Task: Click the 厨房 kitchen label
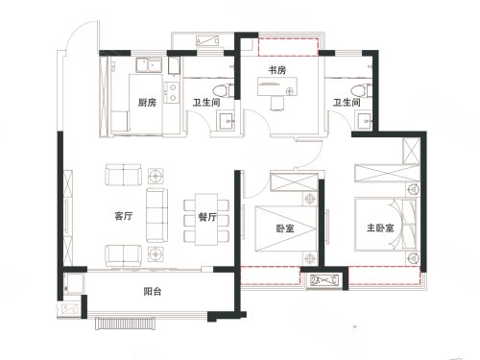coord(147,103)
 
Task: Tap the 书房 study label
coord(277,70)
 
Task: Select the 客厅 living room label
coord(124,216)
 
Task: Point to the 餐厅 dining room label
coord(207,217)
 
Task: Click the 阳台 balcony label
coord(153,292)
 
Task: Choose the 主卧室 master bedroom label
coord(380,228)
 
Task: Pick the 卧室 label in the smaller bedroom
coord(285,228)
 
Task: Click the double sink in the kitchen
coord(150,65)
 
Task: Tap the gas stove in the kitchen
coord(172,92)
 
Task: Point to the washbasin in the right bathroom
coord(365,121)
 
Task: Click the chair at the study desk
coord(277,103)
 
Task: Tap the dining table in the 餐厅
coord(206,219)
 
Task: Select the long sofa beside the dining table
coord(156,215)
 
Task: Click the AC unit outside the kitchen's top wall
coord(207,41)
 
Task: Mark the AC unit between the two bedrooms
coord(324,280)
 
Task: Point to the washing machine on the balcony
coord(74,283)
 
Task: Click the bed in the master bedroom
coord(386,225)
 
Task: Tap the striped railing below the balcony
coord(126,324)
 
